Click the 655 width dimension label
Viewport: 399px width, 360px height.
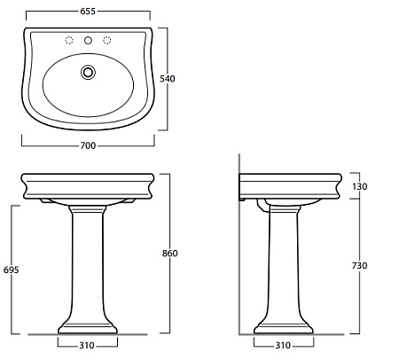[x=88, y=12]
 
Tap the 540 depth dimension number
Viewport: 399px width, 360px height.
[x=168, y=79]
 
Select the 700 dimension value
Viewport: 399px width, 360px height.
[x=88, y=145]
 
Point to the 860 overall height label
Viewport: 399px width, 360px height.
[x=170, y=254]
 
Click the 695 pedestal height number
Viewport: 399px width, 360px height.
[x=12, y=270]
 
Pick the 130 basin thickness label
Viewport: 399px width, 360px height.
[x=360, y=186]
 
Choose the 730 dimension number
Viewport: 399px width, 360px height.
[x=359, y=266]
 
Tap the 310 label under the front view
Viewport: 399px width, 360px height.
[x=87, y=346]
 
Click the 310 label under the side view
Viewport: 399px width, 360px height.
[x=283, y=346]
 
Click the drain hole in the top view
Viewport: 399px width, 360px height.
[x=88, y=73]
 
